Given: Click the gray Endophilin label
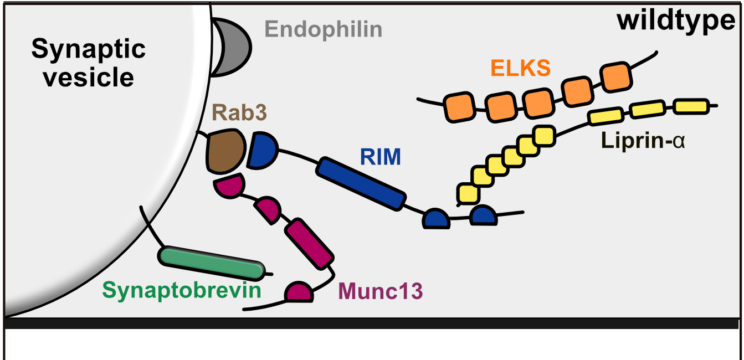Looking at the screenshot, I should tap(324, 29).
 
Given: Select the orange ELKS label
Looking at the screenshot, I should tap(520, 68).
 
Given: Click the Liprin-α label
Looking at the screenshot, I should tap(643, 141).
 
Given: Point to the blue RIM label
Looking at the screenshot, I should tap(380, 157).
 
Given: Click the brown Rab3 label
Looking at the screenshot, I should tap(239, 114).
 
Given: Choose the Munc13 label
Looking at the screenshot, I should tap(380, 289).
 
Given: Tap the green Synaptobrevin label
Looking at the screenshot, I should tap(181, 290).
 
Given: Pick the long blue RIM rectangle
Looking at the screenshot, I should tap(361, 183).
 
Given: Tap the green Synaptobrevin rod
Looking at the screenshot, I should tap(211, 262).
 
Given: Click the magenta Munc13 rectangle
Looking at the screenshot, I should tap(309, 243).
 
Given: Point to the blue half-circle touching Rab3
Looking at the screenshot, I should tap(261, 150).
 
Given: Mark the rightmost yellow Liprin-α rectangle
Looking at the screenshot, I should tap(691, 106).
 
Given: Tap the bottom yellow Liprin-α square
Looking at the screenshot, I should tap(469, 193).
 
